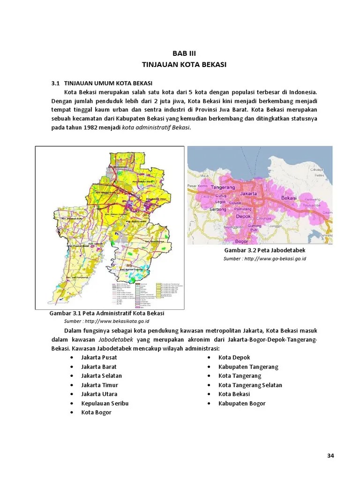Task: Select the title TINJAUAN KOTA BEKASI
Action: (x=184, y=65)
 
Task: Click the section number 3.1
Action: (x=55, y=83)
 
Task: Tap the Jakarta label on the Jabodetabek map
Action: (x=247, y=193)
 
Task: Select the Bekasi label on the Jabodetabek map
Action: (x=289, y=198)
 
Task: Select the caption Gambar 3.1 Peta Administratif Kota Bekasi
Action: (x=107, y=313)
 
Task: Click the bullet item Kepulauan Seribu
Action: (x=105, y=403)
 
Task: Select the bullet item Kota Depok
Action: (x=234, y=358)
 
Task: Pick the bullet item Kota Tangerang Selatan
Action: (x=250, y=385)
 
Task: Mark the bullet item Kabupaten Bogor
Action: (x=241, y=403)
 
